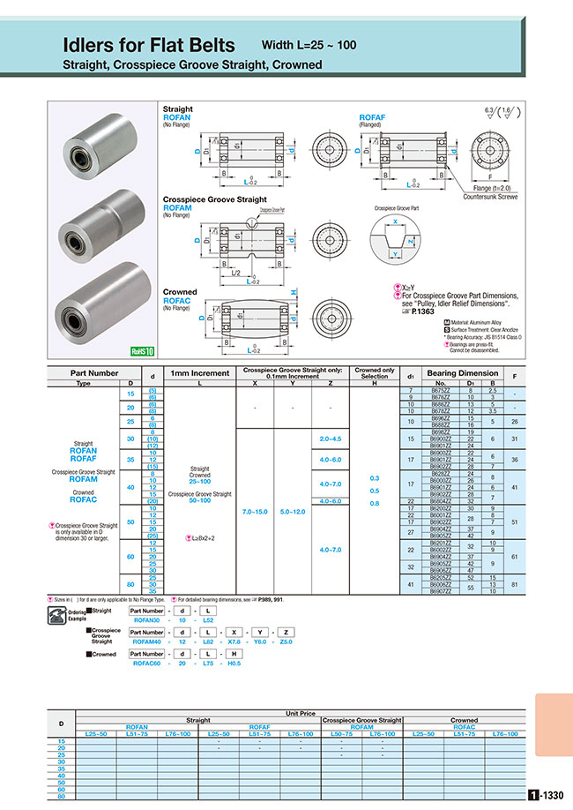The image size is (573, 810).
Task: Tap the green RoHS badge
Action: [143, 350]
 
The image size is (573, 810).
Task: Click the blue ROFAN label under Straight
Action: [176, 117]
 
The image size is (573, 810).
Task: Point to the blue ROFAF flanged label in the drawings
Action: [372, 117]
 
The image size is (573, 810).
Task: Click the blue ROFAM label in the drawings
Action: [178, 208]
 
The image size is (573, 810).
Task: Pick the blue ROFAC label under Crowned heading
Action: [177, 301]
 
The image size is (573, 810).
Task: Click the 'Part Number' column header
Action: [95, 373]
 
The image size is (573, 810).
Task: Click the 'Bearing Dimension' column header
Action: [466, 373]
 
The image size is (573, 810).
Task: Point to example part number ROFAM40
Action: [147, 641]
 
